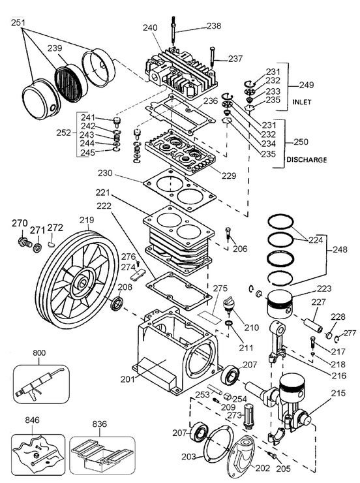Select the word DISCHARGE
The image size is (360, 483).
click(x=306, y=159)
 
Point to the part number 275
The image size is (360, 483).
click(x=220, y=287)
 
